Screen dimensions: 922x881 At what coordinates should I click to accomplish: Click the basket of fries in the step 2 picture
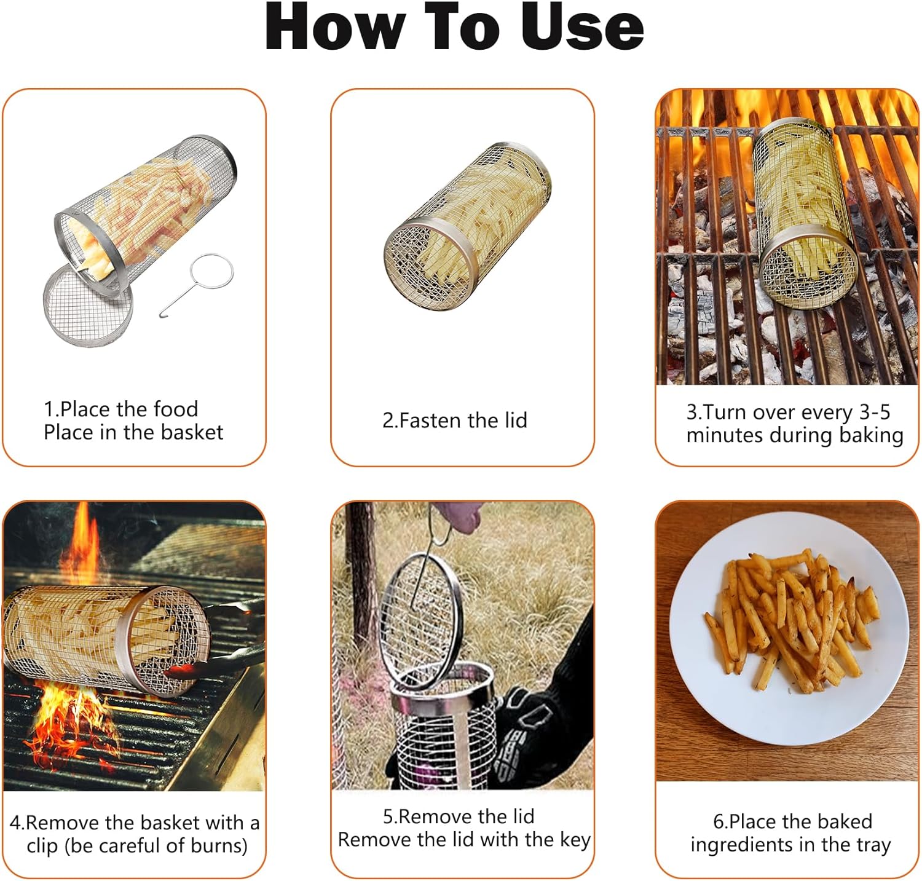pos(467,227)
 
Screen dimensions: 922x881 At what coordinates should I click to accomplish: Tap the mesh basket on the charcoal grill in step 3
pos(804,212)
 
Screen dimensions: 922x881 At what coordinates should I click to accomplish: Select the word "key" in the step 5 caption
pos(575,840)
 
